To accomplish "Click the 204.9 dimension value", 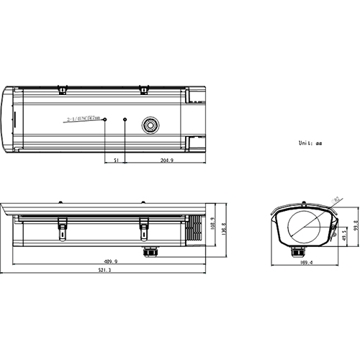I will point(166,161).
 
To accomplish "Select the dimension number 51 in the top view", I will point(117,161).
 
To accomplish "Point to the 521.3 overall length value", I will point(105,271).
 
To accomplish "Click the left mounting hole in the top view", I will point(106,118).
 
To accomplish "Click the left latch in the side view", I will point(63,230).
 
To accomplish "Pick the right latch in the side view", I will point(143,230).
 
